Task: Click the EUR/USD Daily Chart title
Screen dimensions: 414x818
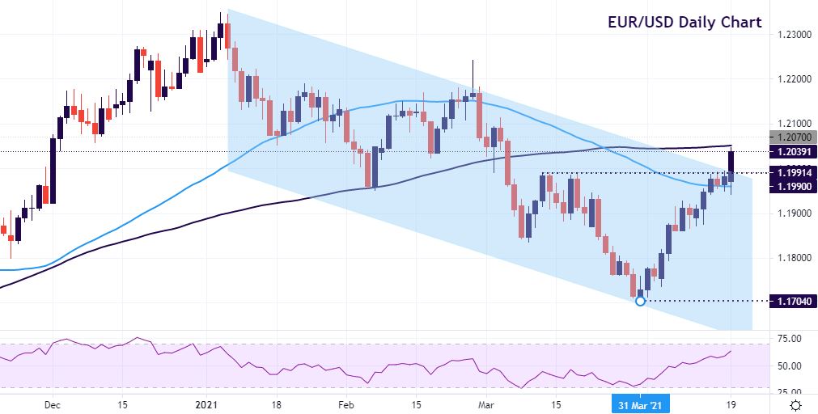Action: [684, 22]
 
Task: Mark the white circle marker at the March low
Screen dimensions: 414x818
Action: [641, 301]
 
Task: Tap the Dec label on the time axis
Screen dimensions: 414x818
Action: [53, 404]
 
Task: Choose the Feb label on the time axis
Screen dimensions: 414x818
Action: [345, 404]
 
